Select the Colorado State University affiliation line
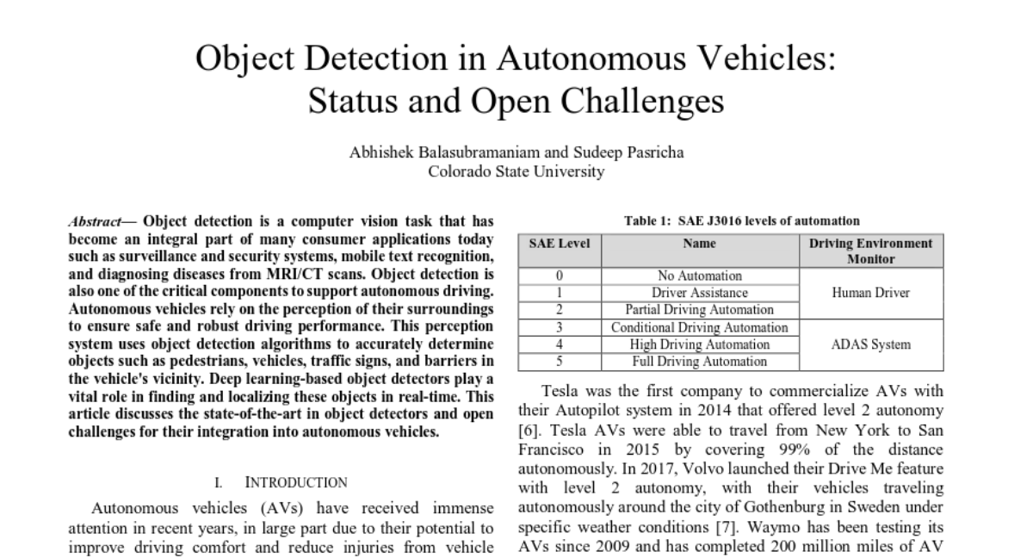[516, 170]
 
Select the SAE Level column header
[559, 244]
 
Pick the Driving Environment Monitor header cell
[870, 251]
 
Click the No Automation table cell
[699, 276]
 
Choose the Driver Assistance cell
[699, 293]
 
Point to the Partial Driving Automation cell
[699, 310]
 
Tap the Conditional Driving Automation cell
[699, 327]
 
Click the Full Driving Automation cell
[699, 362]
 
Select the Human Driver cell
[870, 293]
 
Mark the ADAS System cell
[870, 344]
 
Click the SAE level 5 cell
[559, 362]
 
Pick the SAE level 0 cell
[559, 276]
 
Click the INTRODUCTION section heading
[296, 482]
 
